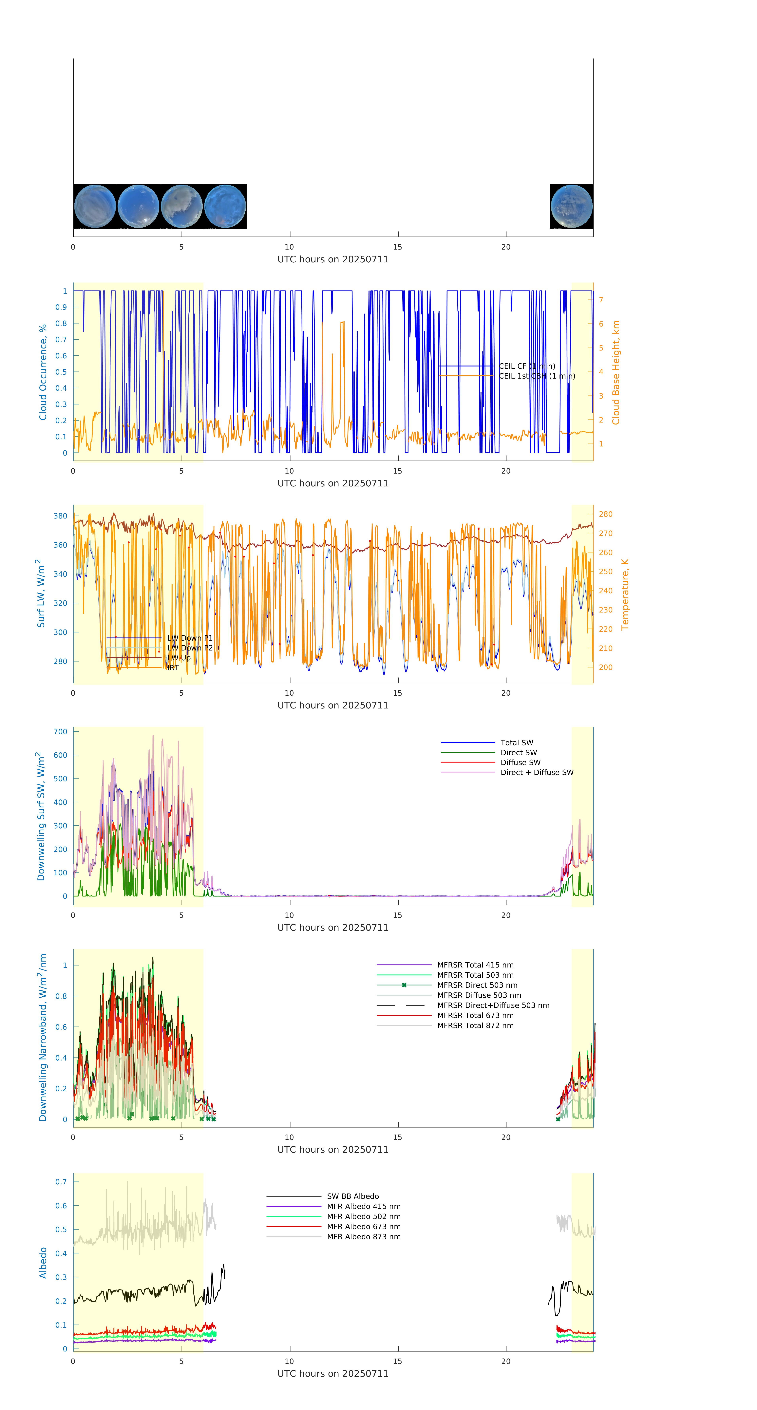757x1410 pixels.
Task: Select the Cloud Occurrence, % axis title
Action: pyautogui.click(x=43, y=372)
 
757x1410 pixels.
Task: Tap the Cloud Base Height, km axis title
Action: pyautogui.click(x=616, y=372)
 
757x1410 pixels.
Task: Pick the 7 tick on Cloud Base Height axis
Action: pyautogui.click(x=601, y=300)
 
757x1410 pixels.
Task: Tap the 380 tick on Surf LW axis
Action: pyautogui.click(x=60, y=516)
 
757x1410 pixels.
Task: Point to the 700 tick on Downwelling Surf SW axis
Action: pyautogui.click(x=60, y=732)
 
